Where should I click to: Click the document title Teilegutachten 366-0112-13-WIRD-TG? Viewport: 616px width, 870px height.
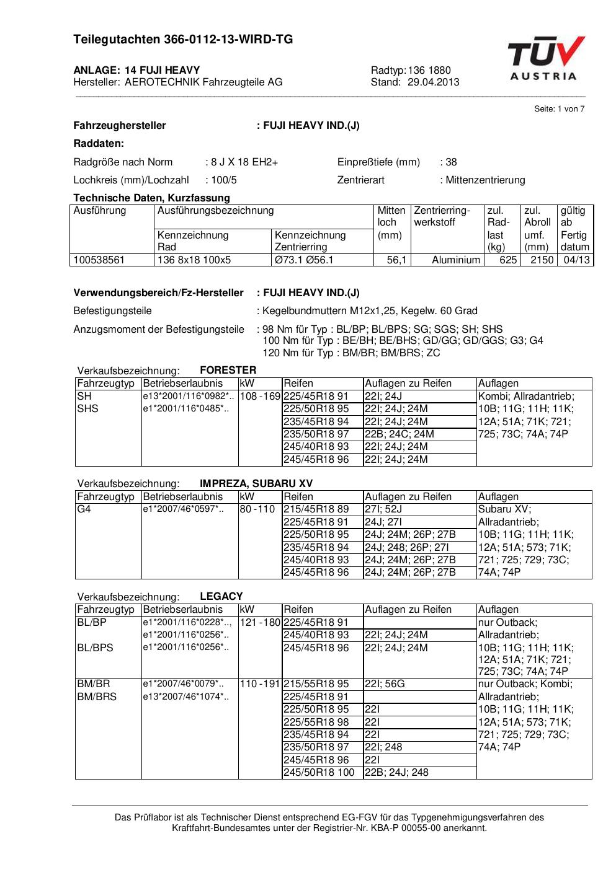click(x=183, y=40)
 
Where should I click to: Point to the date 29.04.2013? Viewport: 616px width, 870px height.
click(x=433, y=82)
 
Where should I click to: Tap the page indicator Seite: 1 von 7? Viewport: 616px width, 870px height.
click(x=559, y=109)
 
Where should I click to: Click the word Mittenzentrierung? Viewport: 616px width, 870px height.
click(x=485, y=180)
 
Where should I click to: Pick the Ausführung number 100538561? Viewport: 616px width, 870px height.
click(x=99, y=260)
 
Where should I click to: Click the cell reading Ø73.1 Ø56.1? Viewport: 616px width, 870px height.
click(x=304, y=260)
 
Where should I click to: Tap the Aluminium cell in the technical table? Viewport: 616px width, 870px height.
click(x=456, y=260)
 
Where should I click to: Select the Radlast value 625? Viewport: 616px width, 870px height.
click(x=508, y=260)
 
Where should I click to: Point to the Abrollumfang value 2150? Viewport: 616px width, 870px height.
click(x=542, y=260)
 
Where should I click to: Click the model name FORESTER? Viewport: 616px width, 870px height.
click(x=228, y=371)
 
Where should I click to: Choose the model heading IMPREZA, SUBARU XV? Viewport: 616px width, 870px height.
click(x=256, y=484)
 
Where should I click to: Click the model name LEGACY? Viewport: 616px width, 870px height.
click(x=221, y=597)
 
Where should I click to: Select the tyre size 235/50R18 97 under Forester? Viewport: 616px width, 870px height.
click(x=316, y=434)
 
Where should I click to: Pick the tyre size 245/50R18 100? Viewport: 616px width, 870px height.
click(x=319, y=773)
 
